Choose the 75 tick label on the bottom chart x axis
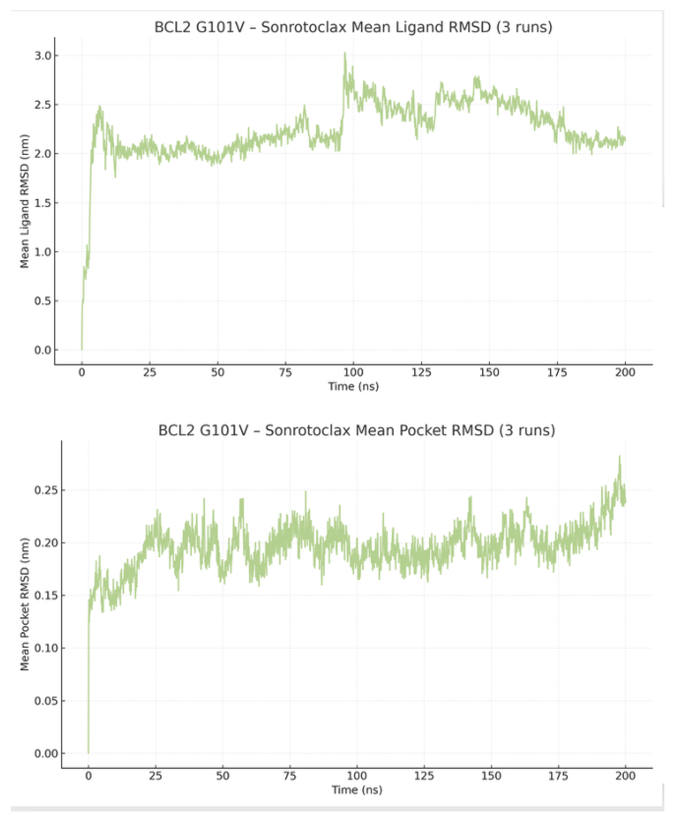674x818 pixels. click(290, 776)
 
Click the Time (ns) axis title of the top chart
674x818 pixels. click(353, 387)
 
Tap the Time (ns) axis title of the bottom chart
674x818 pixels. click(357, 790)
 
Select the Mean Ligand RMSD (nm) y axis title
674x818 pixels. click(25, 201)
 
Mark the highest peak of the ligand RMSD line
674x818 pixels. click(344, 53)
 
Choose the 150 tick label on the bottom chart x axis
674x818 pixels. click(491, 776)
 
